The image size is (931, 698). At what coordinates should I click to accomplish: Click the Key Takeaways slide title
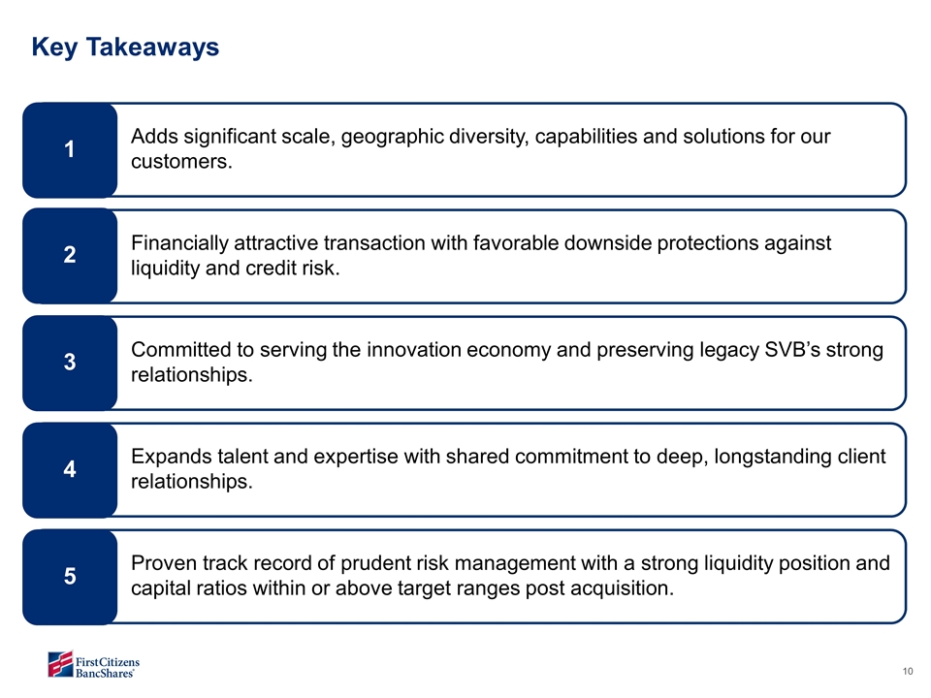125,47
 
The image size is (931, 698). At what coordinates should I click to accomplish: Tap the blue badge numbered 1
70,149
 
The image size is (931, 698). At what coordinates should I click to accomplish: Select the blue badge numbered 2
70,255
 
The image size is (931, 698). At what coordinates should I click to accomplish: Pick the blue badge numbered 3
70,362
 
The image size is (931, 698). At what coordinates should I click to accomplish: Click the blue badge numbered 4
70,468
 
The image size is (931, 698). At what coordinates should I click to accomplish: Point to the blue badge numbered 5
70,575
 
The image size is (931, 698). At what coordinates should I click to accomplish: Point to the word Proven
164,563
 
